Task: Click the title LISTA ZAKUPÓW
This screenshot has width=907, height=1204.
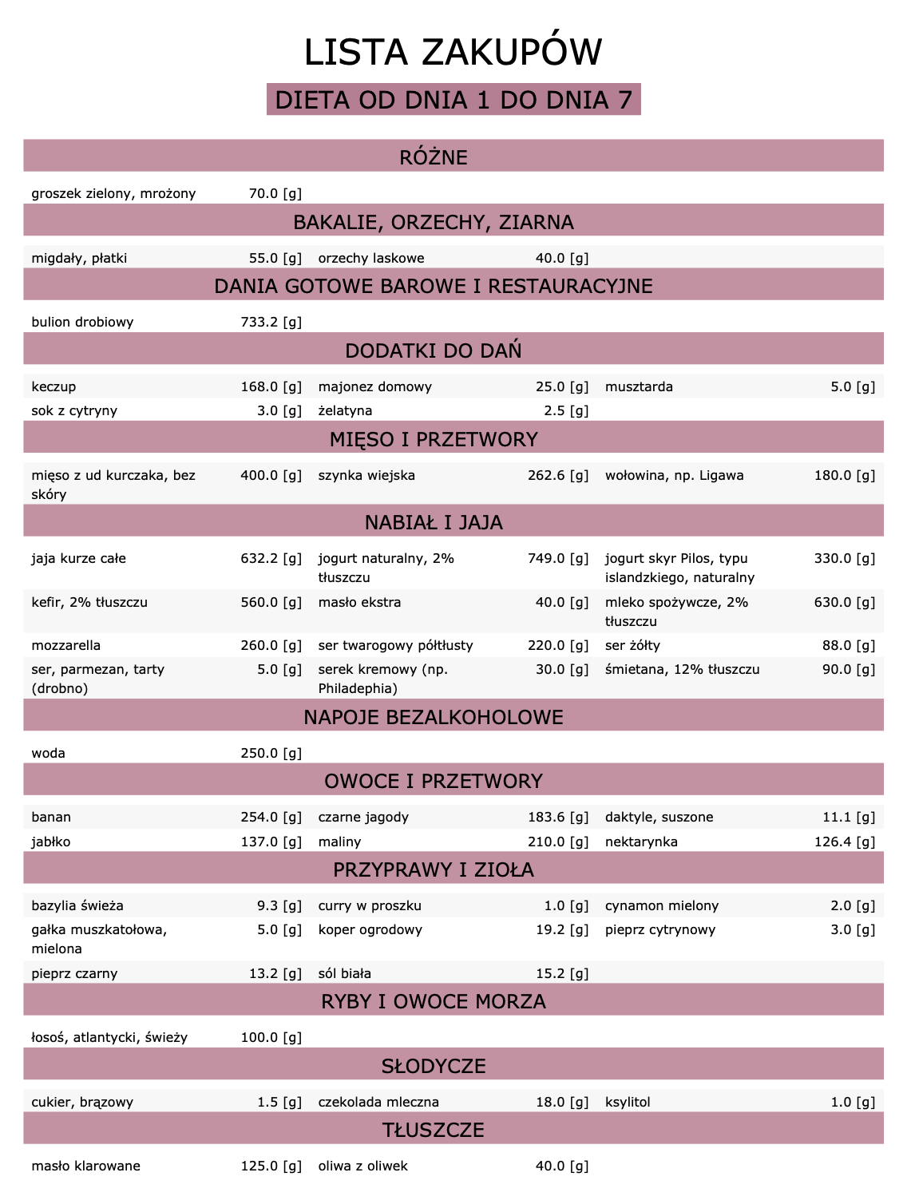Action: tap(453, 52)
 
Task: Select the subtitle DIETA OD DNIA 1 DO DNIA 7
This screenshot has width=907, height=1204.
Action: tap(453, 100)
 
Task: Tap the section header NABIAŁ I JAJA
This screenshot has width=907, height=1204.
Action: tap(434, 523)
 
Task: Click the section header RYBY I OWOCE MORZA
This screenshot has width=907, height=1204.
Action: tap(434, 1001)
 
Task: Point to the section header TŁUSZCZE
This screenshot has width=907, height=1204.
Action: tap(434, 1130)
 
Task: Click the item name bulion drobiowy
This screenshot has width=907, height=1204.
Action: tap(82, 322)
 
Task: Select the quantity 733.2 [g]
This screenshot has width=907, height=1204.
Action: tap(271, 322)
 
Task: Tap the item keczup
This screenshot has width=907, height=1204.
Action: tap(53, 386)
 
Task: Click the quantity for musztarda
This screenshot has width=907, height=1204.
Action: tap(852, 386)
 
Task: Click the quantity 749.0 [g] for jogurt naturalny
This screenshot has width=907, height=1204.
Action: tap(557, 558)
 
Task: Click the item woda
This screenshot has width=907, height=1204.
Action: tap(48, 753)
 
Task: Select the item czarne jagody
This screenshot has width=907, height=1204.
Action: tap(363, 817)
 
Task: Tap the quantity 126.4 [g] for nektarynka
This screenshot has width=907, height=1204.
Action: tap(844, 842)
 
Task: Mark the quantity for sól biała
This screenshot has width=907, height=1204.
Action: tap(561, 973)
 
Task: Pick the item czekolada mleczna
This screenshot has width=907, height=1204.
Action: tap(378, 1102)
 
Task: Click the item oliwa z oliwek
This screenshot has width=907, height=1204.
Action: tap(362, 1166)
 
